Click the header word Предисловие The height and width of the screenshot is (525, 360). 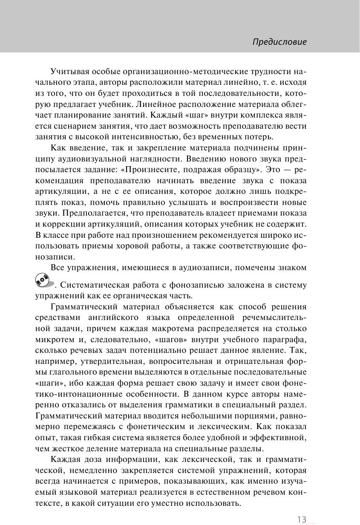[279, 42]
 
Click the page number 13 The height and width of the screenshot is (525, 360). [302, 519]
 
